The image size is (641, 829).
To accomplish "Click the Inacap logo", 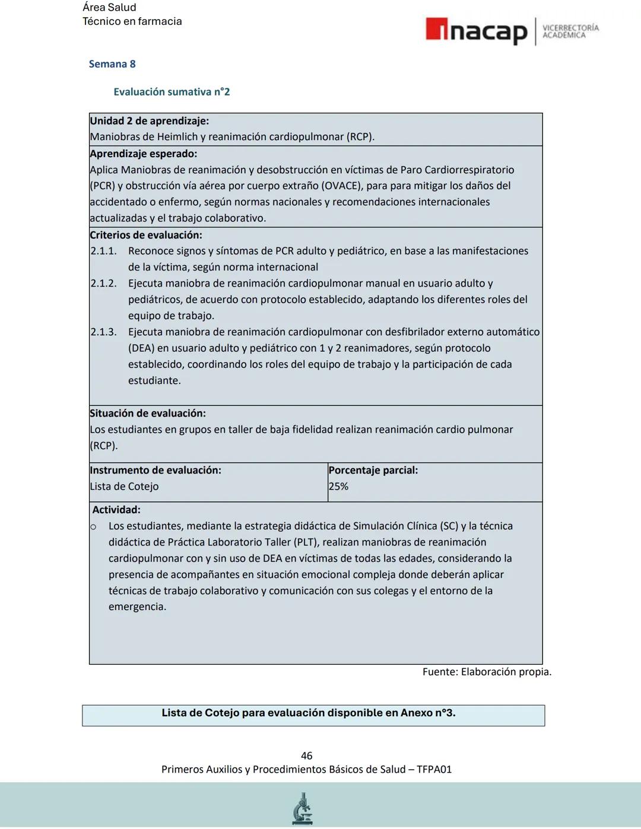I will (x=476, y=31).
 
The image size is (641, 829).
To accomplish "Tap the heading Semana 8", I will (x=112, y=64).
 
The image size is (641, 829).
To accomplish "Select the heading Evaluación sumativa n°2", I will (x=172, y=92).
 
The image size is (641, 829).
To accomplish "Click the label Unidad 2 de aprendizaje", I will (x=149, y=121).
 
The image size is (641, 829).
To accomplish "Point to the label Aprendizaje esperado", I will (x=143, y=154).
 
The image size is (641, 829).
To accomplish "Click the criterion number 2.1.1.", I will (x=103, y=251).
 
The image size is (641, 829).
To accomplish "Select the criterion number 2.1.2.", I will (x=103, y=284).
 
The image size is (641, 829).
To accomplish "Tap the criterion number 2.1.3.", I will (x=103, y=332).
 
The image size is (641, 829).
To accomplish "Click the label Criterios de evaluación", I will (x=146, y=235).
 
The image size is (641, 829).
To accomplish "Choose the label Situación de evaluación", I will (x=148, y=414).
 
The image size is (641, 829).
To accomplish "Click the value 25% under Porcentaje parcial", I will (x=338, y=487).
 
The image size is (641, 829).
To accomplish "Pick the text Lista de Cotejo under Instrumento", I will (x=125, y=487).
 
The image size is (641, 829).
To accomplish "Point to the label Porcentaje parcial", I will (x=373, y=471).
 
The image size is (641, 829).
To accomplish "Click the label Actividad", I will (x=116, y=510).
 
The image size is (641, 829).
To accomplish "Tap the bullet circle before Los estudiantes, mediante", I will (x=94, y=527).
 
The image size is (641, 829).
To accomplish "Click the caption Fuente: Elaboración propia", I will (x=487, y=672).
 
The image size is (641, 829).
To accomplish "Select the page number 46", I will (x=306, y=755).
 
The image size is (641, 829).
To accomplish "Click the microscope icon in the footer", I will (x=303, y=808).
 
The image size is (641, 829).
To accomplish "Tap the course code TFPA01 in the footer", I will (x=434, y=770).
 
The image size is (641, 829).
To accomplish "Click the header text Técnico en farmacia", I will (x=132, y=21).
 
